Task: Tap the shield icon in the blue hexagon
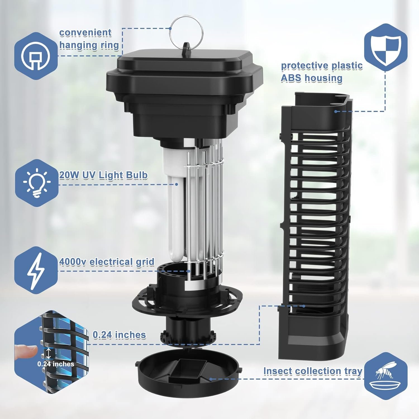click(386, 47)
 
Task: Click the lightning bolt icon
click(36, 270)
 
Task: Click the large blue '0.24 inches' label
click(119, 335)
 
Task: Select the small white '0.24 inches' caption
click(56, 364)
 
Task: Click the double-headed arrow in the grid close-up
click(49, 353)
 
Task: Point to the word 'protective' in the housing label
click(304, 66)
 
